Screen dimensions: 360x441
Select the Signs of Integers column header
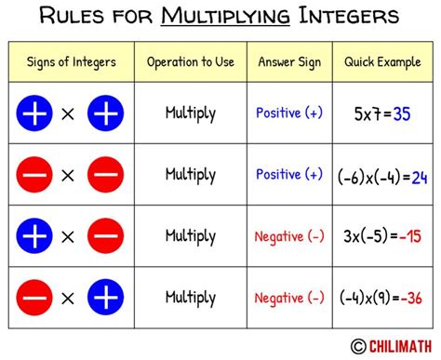click(x=71, y=62)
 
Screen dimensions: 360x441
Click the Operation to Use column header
click(x=191, y=62)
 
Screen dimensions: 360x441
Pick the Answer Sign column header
click(x=288, y=62)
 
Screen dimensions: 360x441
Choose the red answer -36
click(x=413, y=299)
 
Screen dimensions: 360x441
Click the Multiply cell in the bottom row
click(x=191, y=298)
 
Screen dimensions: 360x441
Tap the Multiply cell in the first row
click(x=191, y=113)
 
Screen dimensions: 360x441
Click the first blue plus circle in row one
click(x=34, y=113)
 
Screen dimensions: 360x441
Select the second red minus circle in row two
click(x=105, y=175)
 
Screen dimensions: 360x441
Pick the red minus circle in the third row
click(x=105, y=236)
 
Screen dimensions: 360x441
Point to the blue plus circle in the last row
click(x=105, y=298)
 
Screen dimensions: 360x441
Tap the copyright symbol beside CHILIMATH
click(x=357, y=346)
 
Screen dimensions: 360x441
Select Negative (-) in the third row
click(x=288, y=236)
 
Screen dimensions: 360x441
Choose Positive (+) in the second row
click(x=288, y=175)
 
